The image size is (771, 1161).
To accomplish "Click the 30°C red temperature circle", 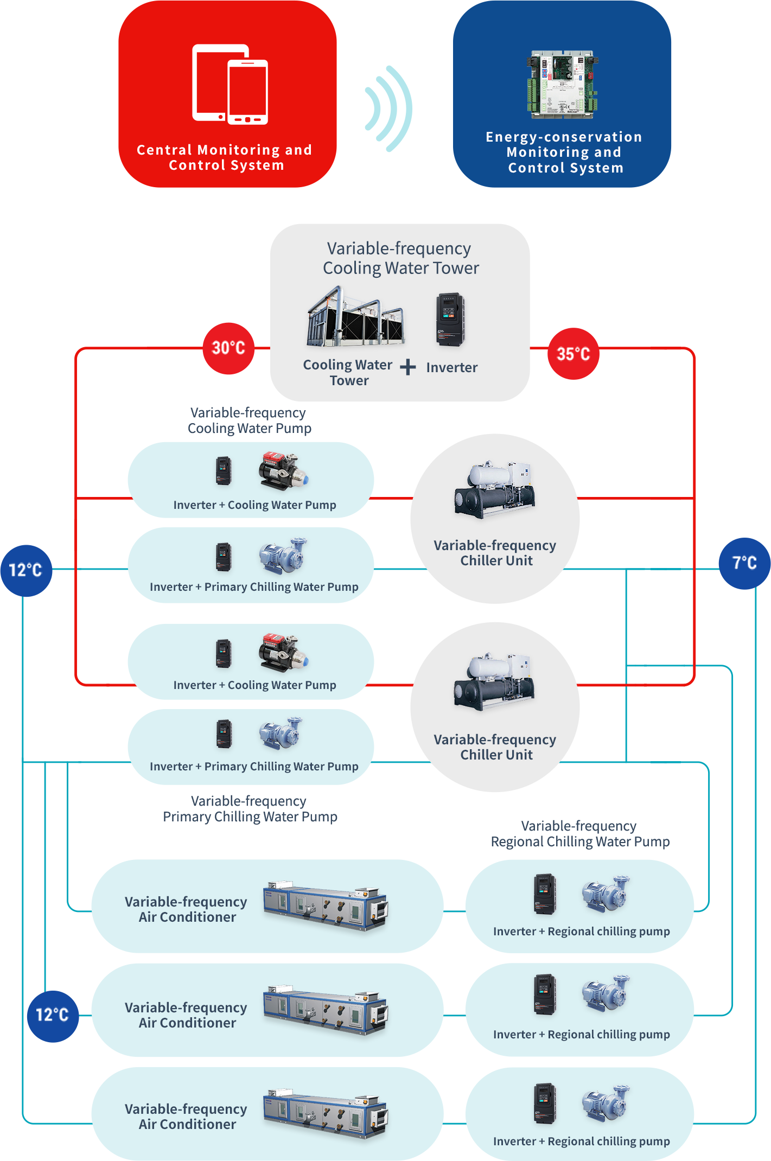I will (x=228, y=348).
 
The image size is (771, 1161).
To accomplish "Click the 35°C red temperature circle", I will (x=573, y=354).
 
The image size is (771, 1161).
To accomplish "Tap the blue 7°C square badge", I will (x=744, y=563).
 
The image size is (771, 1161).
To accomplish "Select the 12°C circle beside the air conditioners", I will (x=53, y=1015).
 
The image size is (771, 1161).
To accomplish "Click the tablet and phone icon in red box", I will (x=230, y=85).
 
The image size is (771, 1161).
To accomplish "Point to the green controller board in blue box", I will (x=562, y=84).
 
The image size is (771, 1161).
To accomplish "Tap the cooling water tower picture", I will (x=355, y=319).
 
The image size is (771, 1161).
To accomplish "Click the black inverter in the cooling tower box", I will (x=450, y=319).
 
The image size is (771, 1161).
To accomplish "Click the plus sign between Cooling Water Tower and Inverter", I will (x=408, y=367).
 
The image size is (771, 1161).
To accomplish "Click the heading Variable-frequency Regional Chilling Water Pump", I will (x=579, y=834).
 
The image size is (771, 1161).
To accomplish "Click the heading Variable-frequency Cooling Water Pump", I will (x=249, y=420).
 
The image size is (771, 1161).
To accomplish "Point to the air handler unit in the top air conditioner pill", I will (x=326, y=905).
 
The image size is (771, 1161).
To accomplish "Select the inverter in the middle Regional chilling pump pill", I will (x=545, y=994).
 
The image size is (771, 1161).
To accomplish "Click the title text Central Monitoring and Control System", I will (x=225, y=157).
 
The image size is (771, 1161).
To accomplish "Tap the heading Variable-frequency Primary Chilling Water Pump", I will (x=250, y=809).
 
